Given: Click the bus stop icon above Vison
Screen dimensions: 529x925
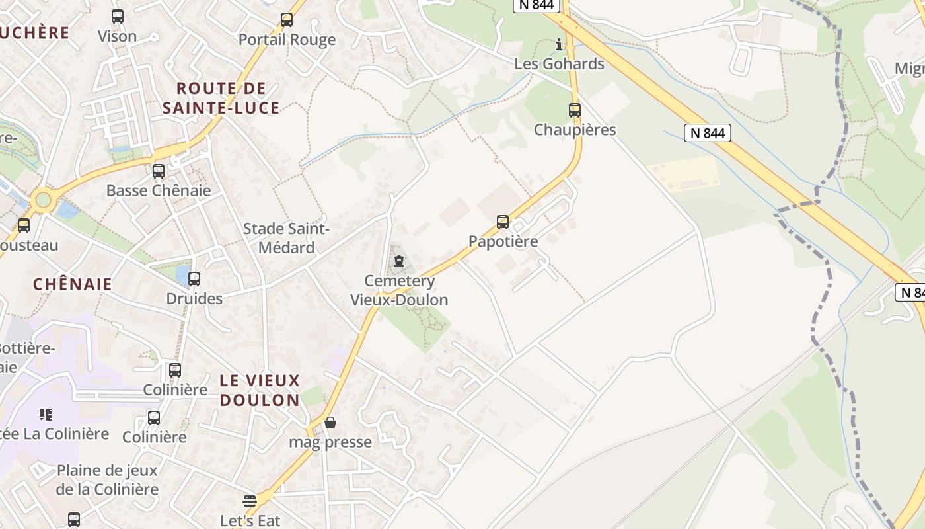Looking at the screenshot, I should [118, 17].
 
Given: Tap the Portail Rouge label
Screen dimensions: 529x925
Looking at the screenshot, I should [287, 40].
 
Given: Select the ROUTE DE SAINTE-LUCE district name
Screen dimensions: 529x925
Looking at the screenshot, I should [221, 98].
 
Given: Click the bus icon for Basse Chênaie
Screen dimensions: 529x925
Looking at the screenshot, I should [159, 171].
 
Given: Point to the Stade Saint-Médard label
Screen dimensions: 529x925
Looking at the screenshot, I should [286, 238].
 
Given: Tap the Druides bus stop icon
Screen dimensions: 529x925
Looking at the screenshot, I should [194, 279].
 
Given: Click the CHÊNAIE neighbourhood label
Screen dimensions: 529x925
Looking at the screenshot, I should [73, 284].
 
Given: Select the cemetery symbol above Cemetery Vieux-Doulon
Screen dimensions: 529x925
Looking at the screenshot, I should [398, 262].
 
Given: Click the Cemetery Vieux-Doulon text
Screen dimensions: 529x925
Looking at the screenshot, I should [399, 290].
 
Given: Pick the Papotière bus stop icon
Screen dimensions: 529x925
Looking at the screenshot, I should [503, 222].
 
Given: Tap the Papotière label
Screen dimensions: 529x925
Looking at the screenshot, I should [503, 241].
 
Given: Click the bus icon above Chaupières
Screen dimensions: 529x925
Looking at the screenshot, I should [575, 110].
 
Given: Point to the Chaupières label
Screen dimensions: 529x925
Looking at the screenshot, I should [575, 130].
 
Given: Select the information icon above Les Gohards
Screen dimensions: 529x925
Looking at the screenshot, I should [560, 45].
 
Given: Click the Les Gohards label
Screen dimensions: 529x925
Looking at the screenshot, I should [560, 64].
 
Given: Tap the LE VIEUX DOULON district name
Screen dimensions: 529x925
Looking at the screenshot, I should [260, 390].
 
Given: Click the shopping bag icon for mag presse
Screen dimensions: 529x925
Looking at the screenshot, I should [330, 423].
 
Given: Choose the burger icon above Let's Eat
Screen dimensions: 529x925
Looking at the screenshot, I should [249, 501].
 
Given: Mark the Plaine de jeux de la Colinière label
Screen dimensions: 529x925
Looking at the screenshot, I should [107, 480].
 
